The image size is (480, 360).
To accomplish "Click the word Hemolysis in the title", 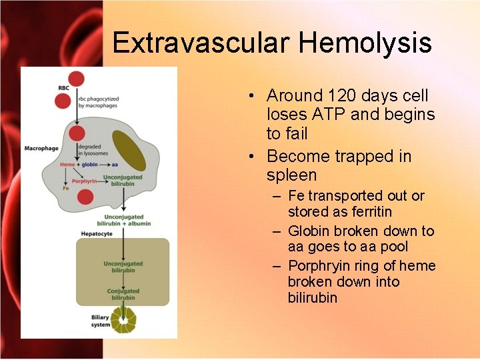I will pos(365,43).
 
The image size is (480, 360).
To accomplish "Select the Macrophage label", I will pos(41,148).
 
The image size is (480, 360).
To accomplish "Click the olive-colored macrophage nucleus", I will pos(129,150).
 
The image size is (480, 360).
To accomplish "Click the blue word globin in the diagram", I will pos(90,163).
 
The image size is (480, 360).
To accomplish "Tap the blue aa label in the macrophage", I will pos(115,163).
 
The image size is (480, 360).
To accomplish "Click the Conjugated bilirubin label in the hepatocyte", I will pos(123,294).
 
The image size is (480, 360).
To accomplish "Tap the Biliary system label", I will pos(101,321).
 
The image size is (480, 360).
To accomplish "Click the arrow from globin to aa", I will pos(105,163).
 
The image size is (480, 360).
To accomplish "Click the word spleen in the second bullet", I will pos(291,175).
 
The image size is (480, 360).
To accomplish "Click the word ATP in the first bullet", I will pos(331,115).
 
